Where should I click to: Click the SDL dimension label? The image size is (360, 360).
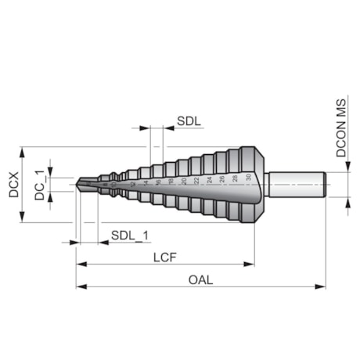click(189, 122)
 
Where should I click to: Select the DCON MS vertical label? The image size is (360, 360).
click(342, 134)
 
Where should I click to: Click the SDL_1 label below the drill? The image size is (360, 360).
click(129, 235)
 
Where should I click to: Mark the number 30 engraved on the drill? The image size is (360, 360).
click(248, 178)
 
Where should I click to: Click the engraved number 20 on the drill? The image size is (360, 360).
click(183, 180)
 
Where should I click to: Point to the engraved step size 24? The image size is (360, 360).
click(209, 179)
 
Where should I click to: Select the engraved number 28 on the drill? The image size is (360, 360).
click(235, 178)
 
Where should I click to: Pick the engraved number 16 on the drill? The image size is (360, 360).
click(158, 182)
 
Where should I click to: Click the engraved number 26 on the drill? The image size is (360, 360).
click(222, 178)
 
